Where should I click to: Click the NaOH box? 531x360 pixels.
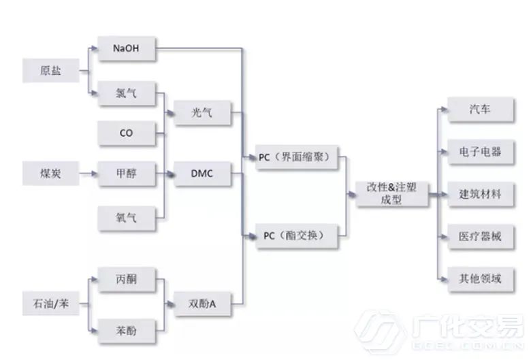[x=127, y=48]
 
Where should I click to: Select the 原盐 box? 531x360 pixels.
[x=51, y=70]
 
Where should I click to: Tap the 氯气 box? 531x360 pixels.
[x=127, y=94]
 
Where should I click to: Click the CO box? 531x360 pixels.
[x=127, y=133]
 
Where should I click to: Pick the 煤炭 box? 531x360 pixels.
[x=51, y=174]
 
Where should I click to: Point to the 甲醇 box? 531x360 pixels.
[x=127, y=174]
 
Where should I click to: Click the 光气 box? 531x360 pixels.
[x=202, y=113]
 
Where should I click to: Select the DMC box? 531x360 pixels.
[x=202, y=174]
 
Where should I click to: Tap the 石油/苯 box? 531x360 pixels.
[x=51, y=302]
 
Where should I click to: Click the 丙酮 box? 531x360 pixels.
[x=127, y=278]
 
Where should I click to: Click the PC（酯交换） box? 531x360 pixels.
[x=295, y=235]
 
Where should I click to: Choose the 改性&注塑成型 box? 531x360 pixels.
[x=393, y=195]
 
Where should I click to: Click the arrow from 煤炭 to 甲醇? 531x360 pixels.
[x=86, y=174]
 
